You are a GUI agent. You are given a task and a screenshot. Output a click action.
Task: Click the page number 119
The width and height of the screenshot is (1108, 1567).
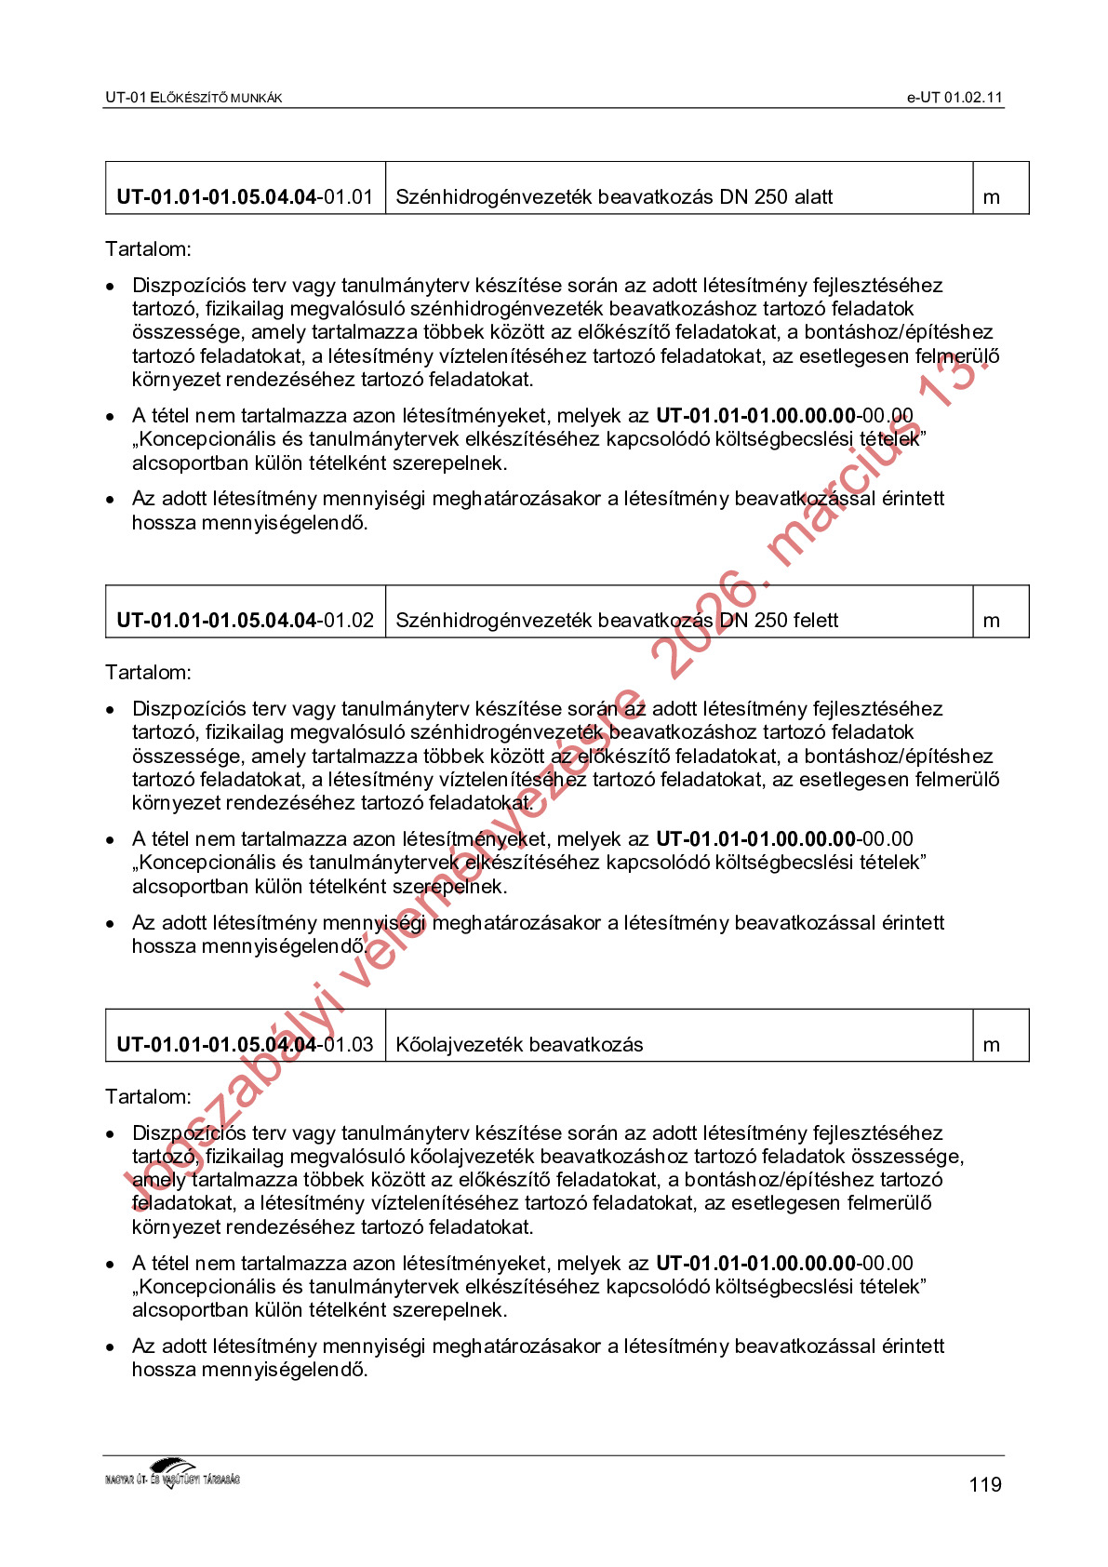tap(984, 1484)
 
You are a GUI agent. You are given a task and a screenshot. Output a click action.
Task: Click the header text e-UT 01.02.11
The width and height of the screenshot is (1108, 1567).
tap(954, 98)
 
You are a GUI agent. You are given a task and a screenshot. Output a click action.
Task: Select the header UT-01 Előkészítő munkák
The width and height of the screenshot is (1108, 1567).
tap(194, 98)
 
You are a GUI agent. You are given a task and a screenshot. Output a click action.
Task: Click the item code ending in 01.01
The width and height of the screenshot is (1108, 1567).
tap(245, 197)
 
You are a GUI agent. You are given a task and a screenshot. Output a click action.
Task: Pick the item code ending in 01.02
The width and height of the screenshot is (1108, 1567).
tap(245, 621)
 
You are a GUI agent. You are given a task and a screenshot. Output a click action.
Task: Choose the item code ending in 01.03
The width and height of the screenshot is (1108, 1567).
tap(245, 1045)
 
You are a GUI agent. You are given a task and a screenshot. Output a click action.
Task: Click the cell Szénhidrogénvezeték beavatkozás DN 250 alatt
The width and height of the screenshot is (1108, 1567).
tap(614, 197)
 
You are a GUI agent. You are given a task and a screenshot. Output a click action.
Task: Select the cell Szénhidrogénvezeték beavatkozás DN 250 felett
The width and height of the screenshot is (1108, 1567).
tap(617, 621)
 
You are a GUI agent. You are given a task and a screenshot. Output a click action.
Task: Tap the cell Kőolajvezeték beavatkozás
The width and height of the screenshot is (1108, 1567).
tap(519, 1045)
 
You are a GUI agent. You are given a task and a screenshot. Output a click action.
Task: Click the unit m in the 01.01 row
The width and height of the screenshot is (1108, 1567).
tap(992, 197)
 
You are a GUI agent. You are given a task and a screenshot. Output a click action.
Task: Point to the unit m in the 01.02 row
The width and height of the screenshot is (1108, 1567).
tap(992, 621)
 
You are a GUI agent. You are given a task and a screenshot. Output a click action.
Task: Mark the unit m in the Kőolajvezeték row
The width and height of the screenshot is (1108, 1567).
tap(992, 1045)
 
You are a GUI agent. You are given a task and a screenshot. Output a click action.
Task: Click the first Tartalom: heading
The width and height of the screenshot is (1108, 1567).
tap(148, 249)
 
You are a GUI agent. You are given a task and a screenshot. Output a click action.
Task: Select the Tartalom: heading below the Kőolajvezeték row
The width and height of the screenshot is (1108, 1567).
tap(148, 1097)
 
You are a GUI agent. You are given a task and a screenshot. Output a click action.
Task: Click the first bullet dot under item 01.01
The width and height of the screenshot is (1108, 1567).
tap(111, 287)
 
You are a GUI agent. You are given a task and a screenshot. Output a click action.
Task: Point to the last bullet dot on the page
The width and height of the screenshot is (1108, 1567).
tap(111, 1347)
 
